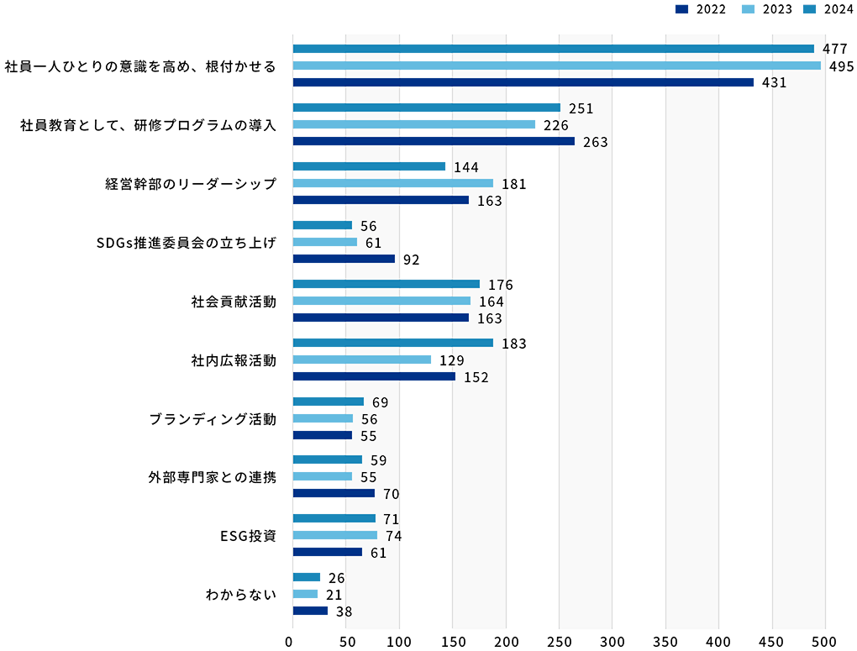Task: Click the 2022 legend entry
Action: tap(701, 9)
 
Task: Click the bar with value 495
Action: tap(556, 66)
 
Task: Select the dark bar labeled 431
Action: tap(523, 82)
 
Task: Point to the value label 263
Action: tap(595, 142)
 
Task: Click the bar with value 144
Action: tap(370, 166)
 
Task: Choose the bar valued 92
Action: tap(344, 259)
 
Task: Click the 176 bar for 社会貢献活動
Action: tap(386, 284)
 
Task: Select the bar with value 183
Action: tap(393, 343)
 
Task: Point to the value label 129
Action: tap(452, 360)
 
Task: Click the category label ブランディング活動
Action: tap(212, 418)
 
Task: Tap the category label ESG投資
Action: tap(248, 536)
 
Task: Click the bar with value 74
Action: tap(335, 535)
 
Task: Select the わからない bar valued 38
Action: tap(311, 611)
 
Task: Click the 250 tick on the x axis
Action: tap(559, 642)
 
